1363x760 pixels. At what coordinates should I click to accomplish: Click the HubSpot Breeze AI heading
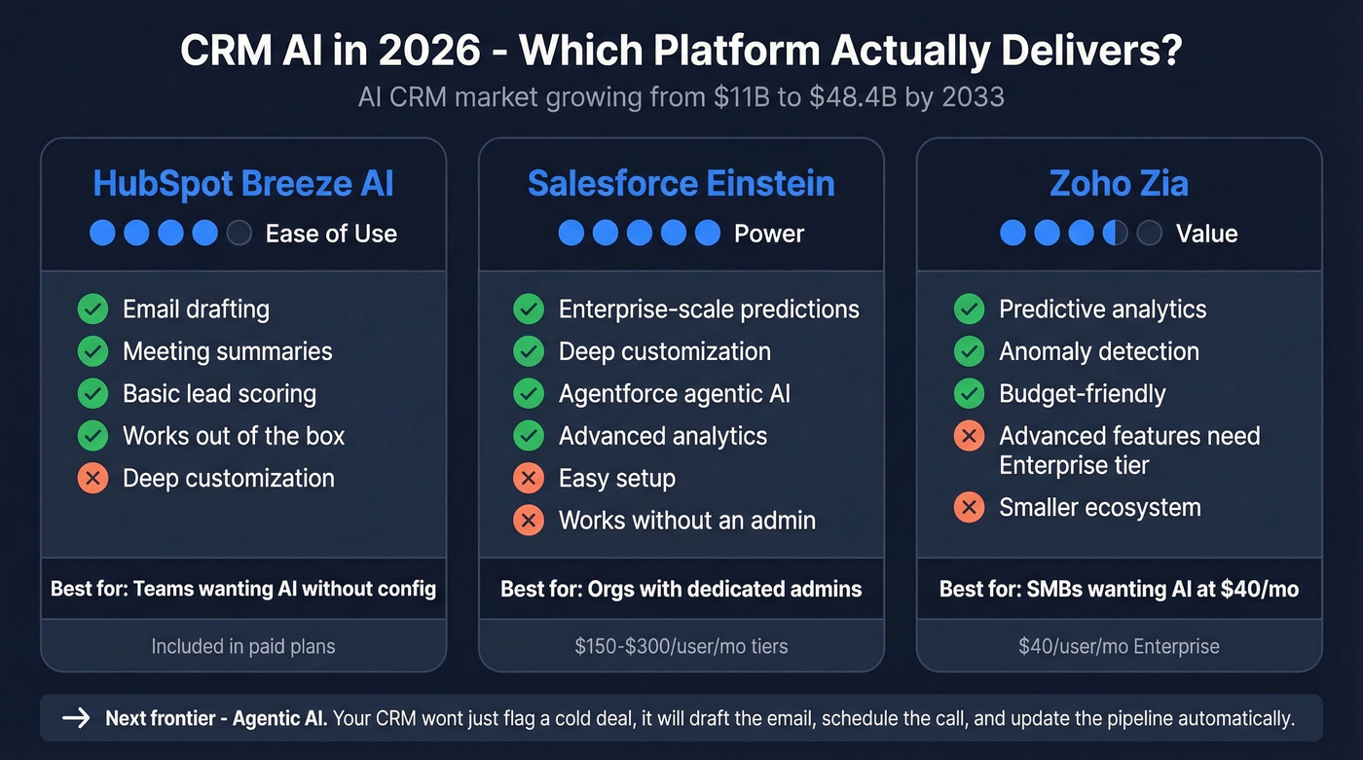(243, 183)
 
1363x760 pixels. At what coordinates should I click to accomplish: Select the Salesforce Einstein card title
(681, 183)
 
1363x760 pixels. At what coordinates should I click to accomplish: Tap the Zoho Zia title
(1119, 183)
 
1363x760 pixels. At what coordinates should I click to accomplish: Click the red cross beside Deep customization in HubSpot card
(92, 479)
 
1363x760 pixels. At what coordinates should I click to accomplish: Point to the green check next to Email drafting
(92, 309)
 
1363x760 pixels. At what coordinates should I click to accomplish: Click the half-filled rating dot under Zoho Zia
(1115, 234)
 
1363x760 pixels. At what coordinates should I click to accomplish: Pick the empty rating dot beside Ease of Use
(239, 234)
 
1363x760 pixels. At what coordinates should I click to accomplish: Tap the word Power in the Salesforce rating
(769, 234)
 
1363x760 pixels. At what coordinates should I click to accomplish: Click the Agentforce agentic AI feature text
(674, 394)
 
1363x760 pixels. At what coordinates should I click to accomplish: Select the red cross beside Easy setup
(529, 479)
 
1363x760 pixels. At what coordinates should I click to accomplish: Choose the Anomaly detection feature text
(1099, 351)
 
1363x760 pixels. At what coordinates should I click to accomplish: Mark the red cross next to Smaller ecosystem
(969, 508)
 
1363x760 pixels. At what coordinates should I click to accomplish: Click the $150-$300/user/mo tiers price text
(681, 646)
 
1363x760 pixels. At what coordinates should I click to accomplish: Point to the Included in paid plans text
(243, 646)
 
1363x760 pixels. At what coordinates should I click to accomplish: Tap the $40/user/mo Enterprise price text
(1119, 646)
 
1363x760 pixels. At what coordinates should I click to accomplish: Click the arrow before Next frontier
(76, 719)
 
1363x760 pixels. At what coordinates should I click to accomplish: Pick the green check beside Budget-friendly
(969, 394)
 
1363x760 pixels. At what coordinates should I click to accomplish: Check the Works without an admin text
(686, 521)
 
